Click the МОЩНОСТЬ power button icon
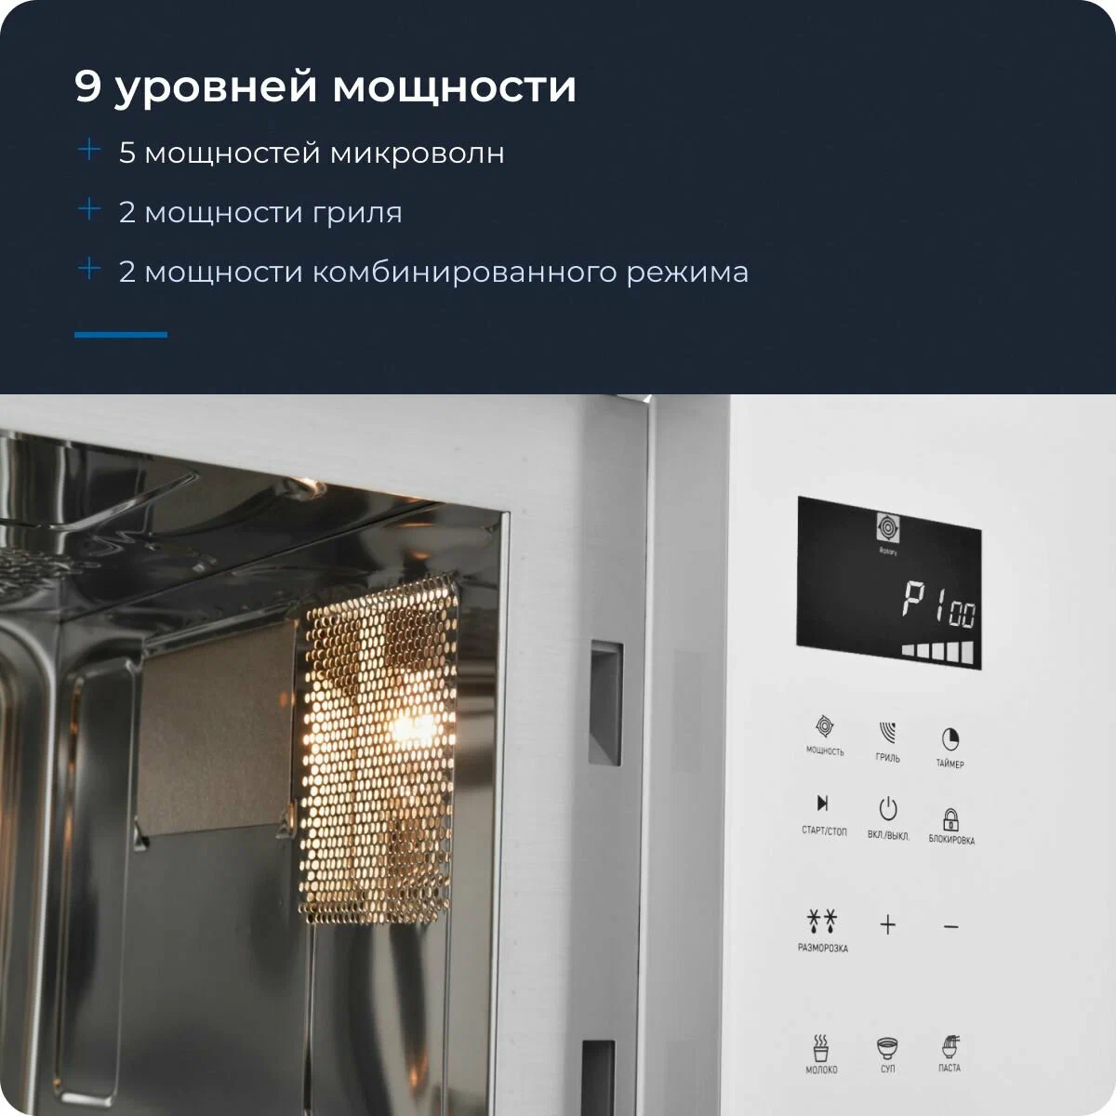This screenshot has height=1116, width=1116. pos(824,726)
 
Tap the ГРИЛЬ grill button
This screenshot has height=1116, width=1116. pos(887,732)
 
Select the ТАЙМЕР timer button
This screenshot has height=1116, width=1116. pos(950,738)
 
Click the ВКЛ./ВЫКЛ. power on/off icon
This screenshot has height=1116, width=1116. pos(888,809)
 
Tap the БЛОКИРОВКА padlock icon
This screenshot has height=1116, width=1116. pos(951,819)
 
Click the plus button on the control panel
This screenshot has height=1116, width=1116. pos(887,924)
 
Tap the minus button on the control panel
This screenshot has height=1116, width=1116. pos(950,927)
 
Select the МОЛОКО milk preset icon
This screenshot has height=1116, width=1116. pos(820,1046)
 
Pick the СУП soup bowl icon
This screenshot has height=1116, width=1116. pos(886,1047)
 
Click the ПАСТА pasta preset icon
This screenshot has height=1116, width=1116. pos(950,1046)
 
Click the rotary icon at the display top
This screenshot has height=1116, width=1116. pos(887,527)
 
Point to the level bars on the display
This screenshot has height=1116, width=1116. pos(937,651)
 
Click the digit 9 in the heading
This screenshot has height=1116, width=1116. pos(87,86)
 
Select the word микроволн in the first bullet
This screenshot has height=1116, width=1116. pos(417,153)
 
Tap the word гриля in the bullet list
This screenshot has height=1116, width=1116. pos(357,213)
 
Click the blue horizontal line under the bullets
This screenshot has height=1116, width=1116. pos(121,335)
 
